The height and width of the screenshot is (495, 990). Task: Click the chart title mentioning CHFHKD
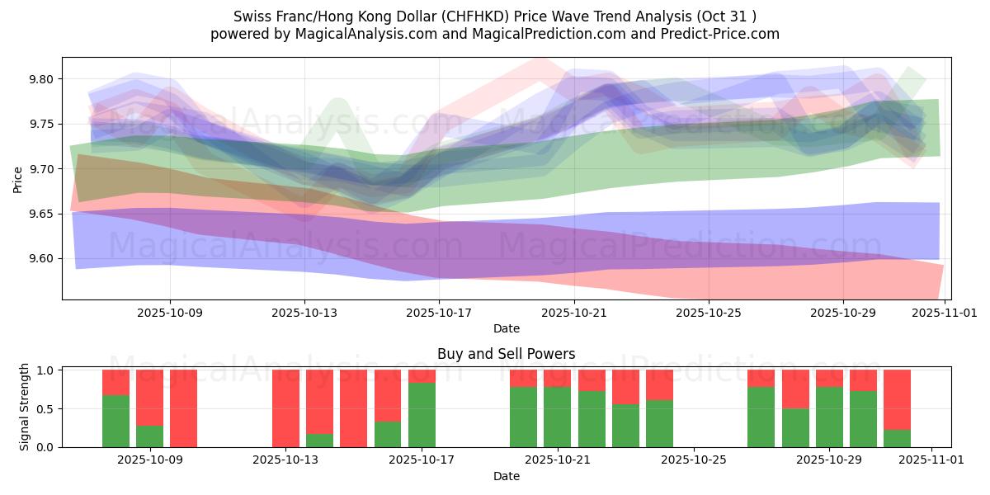pos(495,16)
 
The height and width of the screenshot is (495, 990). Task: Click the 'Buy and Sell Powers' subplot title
pos(506,354)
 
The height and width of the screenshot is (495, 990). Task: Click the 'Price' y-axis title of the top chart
pos(18,178)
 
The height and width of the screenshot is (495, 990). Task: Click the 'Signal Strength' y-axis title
pos(25,407)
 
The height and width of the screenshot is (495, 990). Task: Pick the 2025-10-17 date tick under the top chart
pos(439,313)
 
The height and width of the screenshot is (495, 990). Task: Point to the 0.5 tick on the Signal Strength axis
pos(46,408)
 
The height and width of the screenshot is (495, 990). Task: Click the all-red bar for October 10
pos(183,408)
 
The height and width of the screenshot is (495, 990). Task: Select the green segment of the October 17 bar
pos(422,415)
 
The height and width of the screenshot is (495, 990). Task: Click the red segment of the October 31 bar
pos(897,399)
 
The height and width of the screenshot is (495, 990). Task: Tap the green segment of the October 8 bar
pos(115,421)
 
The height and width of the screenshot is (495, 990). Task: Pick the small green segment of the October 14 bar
pos(319,441)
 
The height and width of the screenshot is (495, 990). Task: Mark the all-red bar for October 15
pos(353,408)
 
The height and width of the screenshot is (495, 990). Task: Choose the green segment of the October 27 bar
pos(761,417)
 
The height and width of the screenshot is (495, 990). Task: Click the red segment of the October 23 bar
pos(625,387)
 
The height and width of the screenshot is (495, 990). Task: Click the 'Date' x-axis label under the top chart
pos(506,328)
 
